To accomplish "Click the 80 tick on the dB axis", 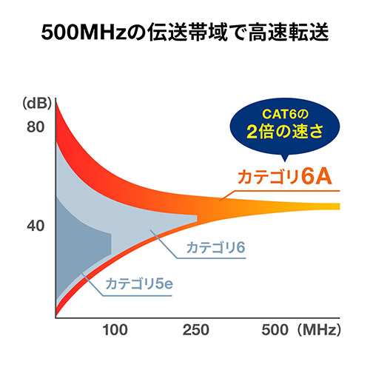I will [x=36, y=127].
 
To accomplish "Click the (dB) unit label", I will [x=35, y=101].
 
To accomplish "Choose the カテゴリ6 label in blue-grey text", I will [x=215, y=246].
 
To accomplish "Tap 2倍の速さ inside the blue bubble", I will [x=284, y=134].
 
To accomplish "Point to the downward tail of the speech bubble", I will [x=286, y=157].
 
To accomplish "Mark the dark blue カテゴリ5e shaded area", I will [x=81, y=244].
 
